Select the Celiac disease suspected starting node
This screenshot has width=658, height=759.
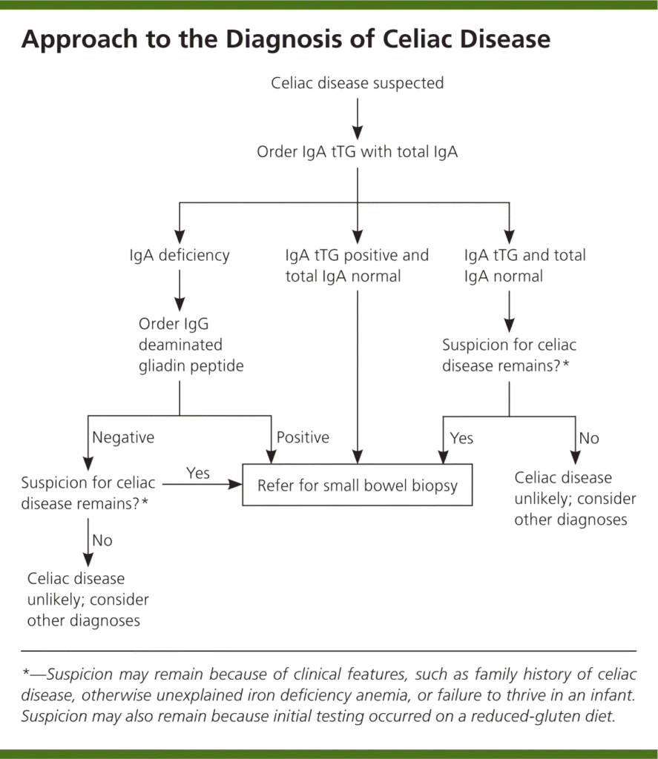[x=358, y=83]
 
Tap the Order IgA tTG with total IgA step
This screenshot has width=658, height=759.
[x=358, y=152]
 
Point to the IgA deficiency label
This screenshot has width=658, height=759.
[x=179, y=256]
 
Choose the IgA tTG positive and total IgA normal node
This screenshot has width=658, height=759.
[x=357, y=266]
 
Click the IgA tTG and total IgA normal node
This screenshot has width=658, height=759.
[x=524, y=266]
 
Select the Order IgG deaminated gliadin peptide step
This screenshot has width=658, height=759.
[x=191, y=345]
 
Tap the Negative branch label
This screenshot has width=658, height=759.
[x=123, y=437]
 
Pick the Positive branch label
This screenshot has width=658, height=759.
[x=303, y=437]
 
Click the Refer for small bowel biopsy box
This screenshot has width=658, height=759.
[x=358, y=486]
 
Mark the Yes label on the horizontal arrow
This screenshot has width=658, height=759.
[x=198, y=473]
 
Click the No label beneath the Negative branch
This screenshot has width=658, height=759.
[x=102, y=540]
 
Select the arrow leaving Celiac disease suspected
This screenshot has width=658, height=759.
[x=358, y=115]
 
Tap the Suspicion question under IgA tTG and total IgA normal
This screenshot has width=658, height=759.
[x=509, y=356]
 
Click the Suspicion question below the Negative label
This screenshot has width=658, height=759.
[x=89, y=494]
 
